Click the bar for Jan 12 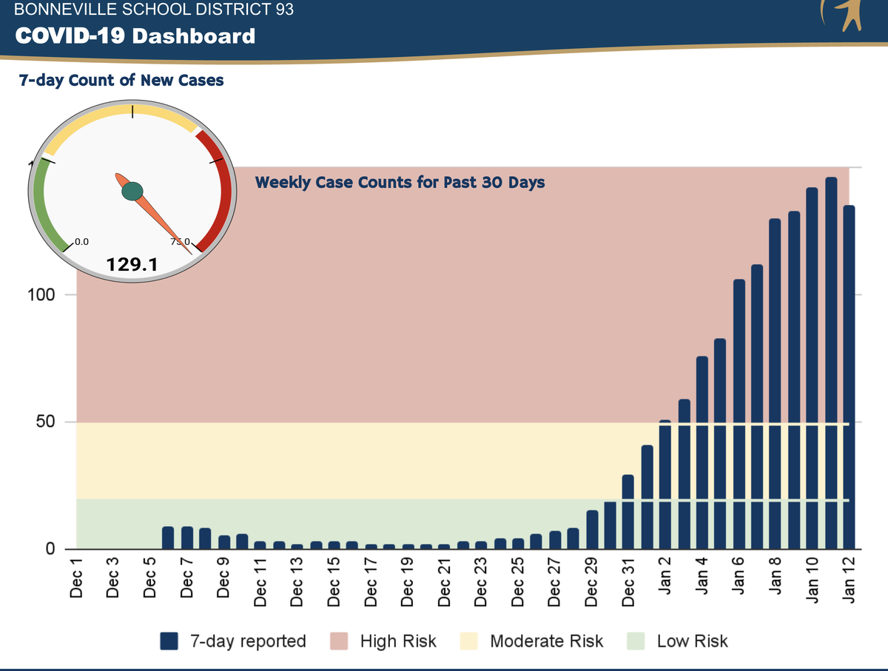pyautogui.click(x=849, y=377)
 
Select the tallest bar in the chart pyautogui.click(x=830, y=363)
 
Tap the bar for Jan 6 pyautogui.click(x=739, y=414)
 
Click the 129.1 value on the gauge pyautogui.click(x=132, y=264)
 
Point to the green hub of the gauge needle pyautogui.click(x=132, y=192)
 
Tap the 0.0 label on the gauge pyautogui.click(x=81, y=241)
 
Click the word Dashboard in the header pyautogui.click(x=193, y=36)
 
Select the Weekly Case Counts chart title pyautogui.click(x=400, y=182)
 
